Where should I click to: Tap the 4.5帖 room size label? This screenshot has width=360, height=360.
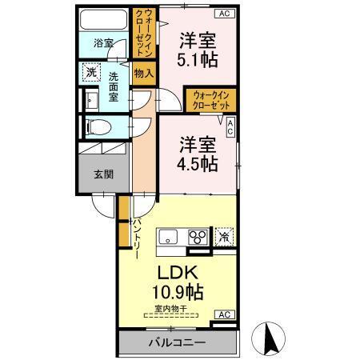click(x=197, y=163)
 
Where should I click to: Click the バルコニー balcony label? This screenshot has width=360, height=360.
click(x=177, y=343)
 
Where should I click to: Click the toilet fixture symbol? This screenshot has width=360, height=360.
click(x=95, y=126)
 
